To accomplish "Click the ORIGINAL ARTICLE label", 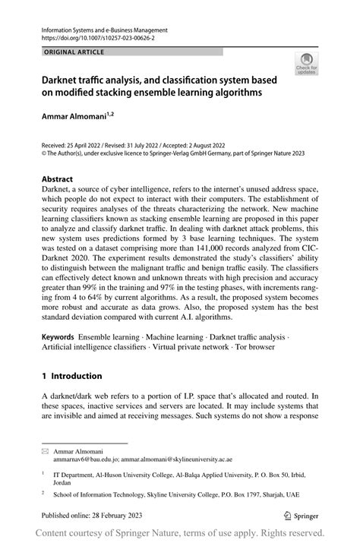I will coord(65,52).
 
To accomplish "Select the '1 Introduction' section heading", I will coord(71,375).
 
